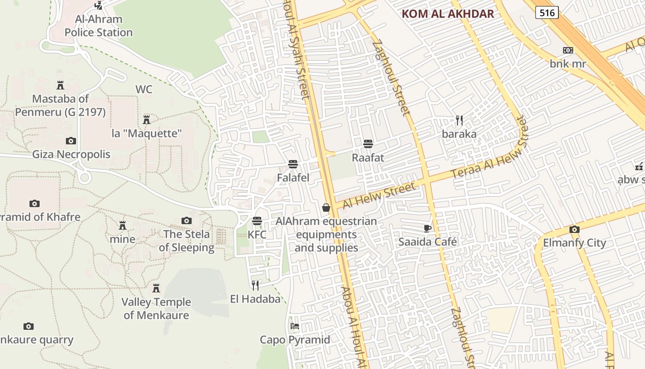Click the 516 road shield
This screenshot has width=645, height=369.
[547, 12]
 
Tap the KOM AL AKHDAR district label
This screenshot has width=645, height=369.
[448, 14]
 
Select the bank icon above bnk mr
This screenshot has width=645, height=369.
[568, 50]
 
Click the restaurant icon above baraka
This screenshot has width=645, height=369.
[459, 120]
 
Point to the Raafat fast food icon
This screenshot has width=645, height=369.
[368, 144]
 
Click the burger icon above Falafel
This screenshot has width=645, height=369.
[293, 164]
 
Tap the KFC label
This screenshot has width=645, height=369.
[257, 234]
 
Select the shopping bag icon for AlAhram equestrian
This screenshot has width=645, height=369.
[326, 208]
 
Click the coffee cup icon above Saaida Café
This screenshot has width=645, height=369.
[427, 228]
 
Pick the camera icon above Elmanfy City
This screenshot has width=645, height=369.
[574, 229]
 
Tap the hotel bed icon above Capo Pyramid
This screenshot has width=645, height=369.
[295, 326]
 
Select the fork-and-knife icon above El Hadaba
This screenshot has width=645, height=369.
[255, 285]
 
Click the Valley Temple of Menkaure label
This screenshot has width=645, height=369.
[156, 309]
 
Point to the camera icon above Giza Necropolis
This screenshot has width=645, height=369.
[71, 141]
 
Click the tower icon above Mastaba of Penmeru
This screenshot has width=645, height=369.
[60, 85]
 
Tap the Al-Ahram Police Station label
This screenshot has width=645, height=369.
[99, 26]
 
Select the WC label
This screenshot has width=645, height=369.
[144, 89]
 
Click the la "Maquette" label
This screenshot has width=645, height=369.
[147, 134]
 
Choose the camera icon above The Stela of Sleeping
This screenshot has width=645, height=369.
[187, 220]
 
